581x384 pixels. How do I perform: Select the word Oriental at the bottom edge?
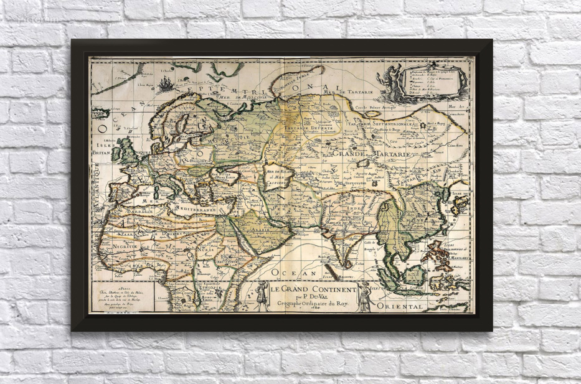pyautogui.click(x=405, y=307)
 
